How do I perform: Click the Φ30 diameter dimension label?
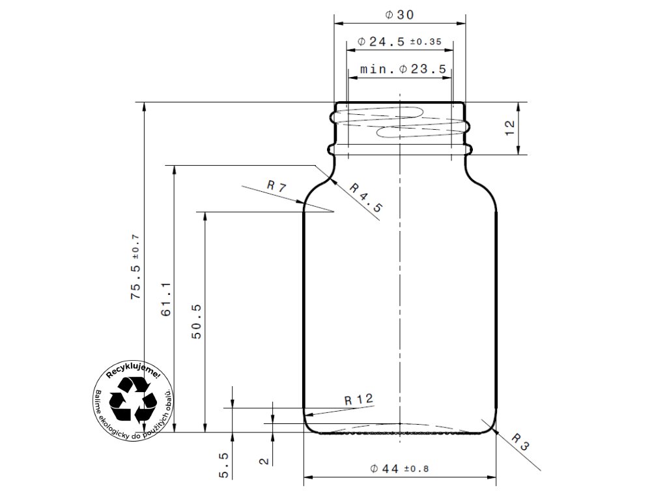click(399, 15)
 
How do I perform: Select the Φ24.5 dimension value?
click(380, 42)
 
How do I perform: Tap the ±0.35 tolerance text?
click(425, 42)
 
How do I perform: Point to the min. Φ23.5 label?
click(403, 69)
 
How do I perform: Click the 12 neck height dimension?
click(509, 128)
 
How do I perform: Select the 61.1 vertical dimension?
click(166, 299)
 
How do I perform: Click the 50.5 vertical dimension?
click(197, 322)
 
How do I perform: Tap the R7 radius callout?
click(276, 186)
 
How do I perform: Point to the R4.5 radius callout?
click(366, 197)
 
